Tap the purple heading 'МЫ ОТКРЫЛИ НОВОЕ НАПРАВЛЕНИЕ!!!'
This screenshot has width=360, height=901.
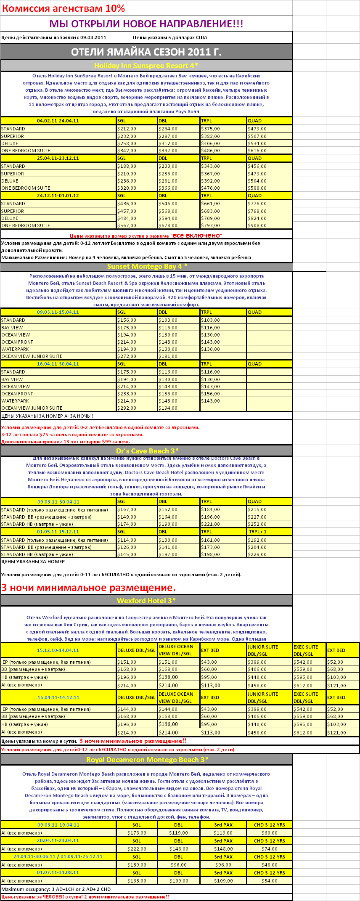pyautogui.click(x=146, y=24)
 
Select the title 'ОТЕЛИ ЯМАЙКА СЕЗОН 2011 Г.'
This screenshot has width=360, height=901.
pyautogui.click(x=146, y=52)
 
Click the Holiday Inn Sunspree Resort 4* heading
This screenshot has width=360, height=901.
pyautogui.click(x=146, y=66)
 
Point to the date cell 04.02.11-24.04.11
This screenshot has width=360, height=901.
pyautogui.click(x=58, y=121)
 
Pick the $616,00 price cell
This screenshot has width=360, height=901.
pyautogui.click(x=257, y=151)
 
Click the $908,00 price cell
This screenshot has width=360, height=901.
pyautogui.click(x=257, y=225)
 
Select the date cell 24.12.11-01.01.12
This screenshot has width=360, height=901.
pyautogui.click(x=58, y=196)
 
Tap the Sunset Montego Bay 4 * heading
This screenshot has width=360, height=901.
pyautogui.click(x=147, y=266)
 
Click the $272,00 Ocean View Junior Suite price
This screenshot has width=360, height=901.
pyautogui.click(x=127, y=356)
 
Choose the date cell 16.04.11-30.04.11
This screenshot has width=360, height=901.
pyautogui.click(x=58, y=364)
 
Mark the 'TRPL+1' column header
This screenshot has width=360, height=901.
pyautogui.click(x=257, y=532)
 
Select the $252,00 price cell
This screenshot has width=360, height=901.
pyautogui.click(x=257, y=524)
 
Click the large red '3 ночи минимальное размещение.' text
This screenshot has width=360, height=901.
pyautogui.click(x=88, y=588)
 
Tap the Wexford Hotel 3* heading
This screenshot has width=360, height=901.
pyautogui.click(x=146, y=601)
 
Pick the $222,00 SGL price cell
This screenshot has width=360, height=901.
pyautogui.click(x=137, y=849)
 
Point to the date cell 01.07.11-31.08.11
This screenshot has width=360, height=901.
pyautogui.click(x=58, y=873)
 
